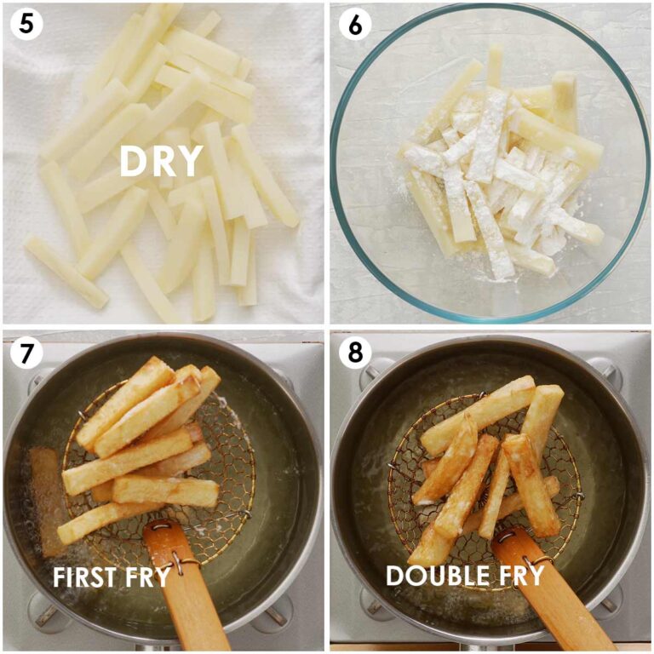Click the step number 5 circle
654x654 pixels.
26,25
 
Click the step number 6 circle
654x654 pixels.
354,25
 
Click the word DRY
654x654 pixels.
161,162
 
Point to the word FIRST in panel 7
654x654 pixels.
87,577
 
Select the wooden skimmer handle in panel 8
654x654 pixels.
554,600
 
